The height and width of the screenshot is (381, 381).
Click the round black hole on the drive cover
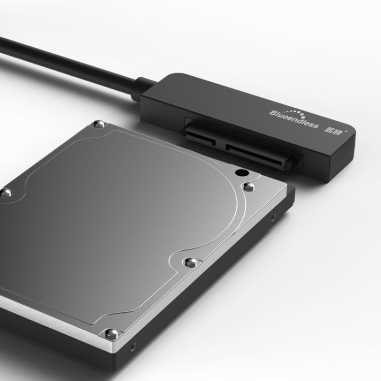[x=239, y=173]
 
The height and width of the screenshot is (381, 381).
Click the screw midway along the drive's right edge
[x=190, y=263]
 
